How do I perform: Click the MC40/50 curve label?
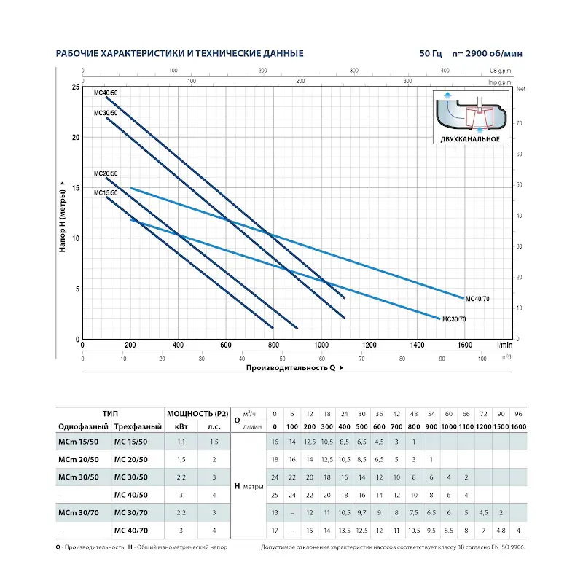[106, 93]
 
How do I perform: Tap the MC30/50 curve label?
[106, 113]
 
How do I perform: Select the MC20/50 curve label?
[106, 173]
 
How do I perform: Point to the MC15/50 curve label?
[106, 193]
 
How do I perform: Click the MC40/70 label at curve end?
[477, 299]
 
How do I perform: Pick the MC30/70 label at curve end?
[454, 319]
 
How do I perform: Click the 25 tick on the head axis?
[76, 87]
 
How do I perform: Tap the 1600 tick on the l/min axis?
[464, 345]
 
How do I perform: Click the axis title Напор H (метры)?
[63, 217]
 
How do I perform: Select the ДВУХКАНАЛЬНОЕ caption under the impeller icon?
[469, 138]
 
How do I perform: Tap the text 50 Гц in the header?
[430, 54]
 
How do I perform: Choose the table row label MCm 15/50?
[75, 442]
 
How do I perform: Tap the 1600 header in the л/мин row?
[518, 426]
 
